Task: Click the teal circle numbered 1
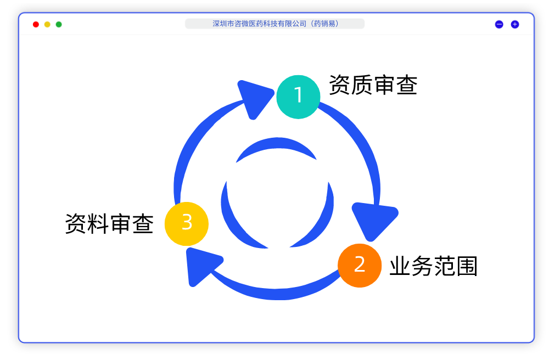298,97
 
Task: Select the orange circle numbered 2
360,265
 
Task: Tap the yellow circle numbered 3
187,223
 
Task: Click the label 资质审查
373,85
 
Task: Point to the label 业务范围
433,266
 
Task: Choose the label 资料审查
109,224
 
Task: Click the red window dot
36,24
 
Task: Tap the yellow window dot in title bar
47,24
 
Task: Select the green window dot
59,24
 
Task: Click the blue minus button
499,24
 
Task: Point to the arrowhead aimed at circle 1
254,98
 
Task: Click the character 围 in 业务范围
467,266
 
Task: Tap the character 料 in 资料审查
98,224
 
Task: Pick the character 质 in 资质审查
362,85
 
